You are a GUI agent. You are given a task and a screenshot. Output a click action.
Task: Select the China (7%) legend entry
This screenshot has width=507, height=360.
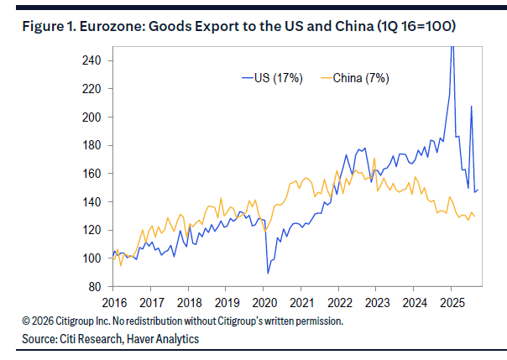point(361,78)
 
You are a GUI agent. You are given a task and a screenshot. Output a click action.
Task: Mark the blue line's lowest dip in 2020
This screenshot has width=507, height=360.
point(268,273)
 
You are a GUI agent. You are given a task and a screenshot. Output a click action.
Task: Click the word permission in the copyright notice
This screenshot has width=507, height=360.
point(319,321)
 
